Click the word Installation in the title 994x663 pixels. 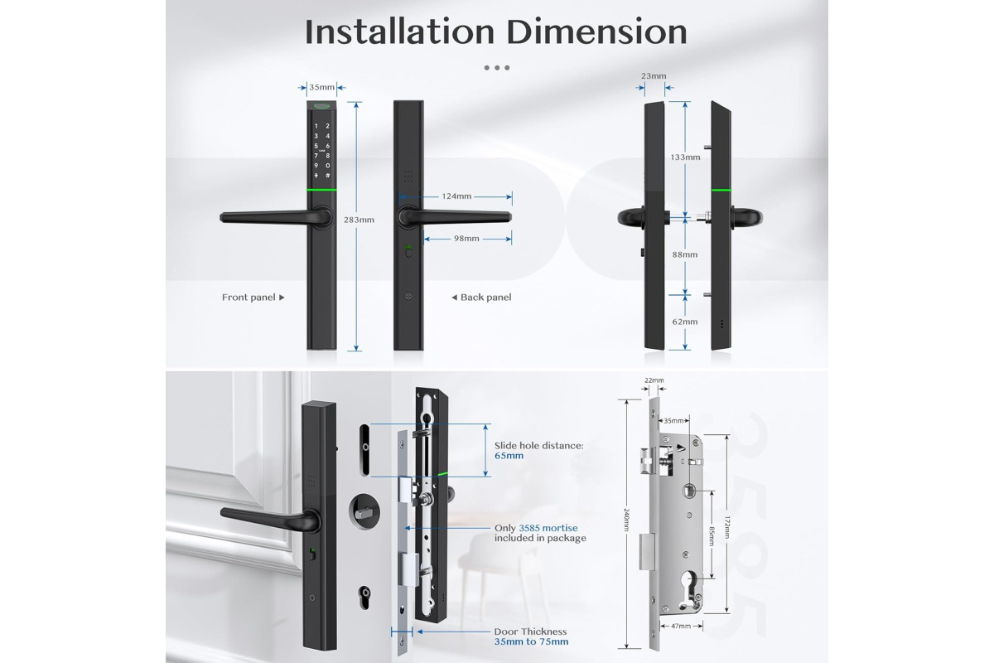tap(399, 31)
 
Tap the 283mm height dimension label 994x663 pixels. tap(359, 220)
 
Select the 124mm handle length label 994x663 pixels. tap(456, 196)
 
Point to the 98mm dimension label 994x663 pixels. tap(466, 239)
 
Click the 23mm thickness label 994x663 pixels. tap(654, 76)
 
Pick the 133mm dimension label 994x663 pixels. tap(685, 157)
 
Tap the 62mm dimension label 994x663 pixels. tap(685, 322)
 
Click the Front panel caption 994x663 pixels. tap(248, 298)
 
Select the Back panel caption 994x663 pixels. tap(486, 298)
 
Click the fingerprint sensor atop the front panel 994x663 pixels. tap(321, 106)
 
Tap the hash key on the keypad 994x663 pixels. tap(327, 176)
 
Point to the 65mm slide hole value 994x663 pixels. tap(509, 456)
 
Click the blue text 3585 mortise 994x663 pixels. tap(548, 528)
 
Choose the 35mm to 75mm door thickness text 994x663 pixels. tap(531, 641)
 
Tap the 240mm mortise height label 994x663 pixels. tap(626, 520)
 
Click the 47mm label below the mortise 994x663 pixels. tap(681, 627)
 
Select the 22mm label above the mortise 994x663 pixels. tap(654, 380)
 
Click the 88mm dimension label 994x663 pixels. tap(685, 254)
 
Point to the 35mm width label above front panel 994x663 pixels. tap(321, 87)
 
